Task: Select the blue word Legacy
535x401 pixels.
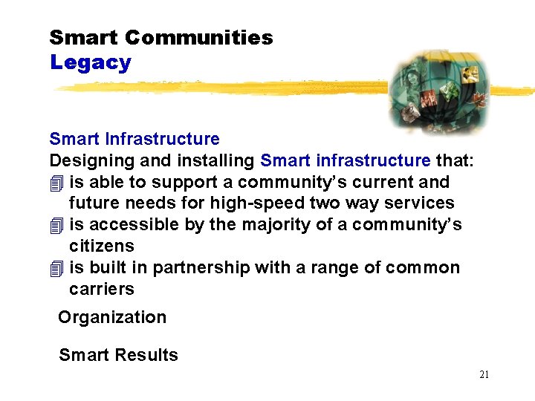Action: [90, 63]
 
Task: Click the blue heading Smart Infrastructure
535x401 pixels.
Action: [134, 139]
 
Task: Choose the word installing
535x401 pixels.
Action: [220, 160]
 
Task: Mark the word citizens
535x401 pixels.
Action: [102, 246]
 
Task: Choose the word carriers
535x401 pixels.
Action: [102, 289]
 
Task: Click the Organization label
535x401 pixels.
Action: [112, 318]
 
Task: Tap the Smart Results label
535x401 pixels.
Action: [118, 355]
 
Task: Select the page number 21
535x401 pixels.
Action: [484, 375]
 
